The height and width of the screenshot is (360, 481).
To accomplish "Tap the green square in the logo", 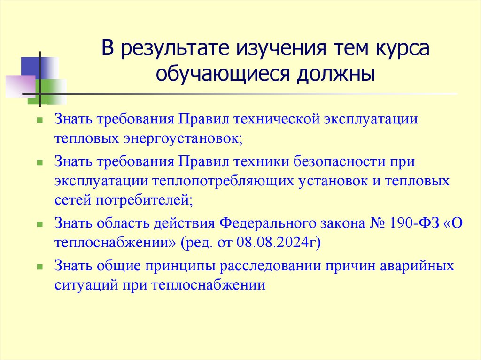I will (x=53, y=91).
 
